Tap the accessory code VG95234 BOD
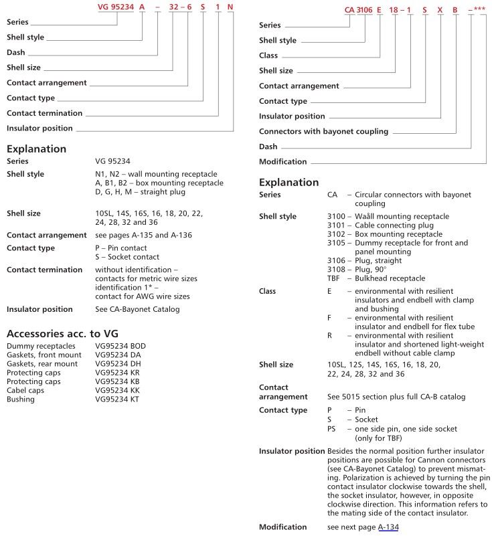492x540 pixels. (120, 346)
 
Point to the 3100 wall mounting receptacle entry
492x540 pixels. (378, 217)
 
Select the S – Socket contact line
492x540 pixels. (127, 257)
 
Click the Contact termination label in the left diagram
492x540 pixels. (44, 113)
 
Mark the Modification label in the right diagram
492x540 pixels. (282, 161)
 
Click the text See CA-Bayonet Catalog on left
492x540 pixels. (137, 309)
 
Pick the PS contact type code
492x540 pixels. (332, 428)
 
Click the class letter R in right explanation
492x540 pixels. (329, 335)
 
